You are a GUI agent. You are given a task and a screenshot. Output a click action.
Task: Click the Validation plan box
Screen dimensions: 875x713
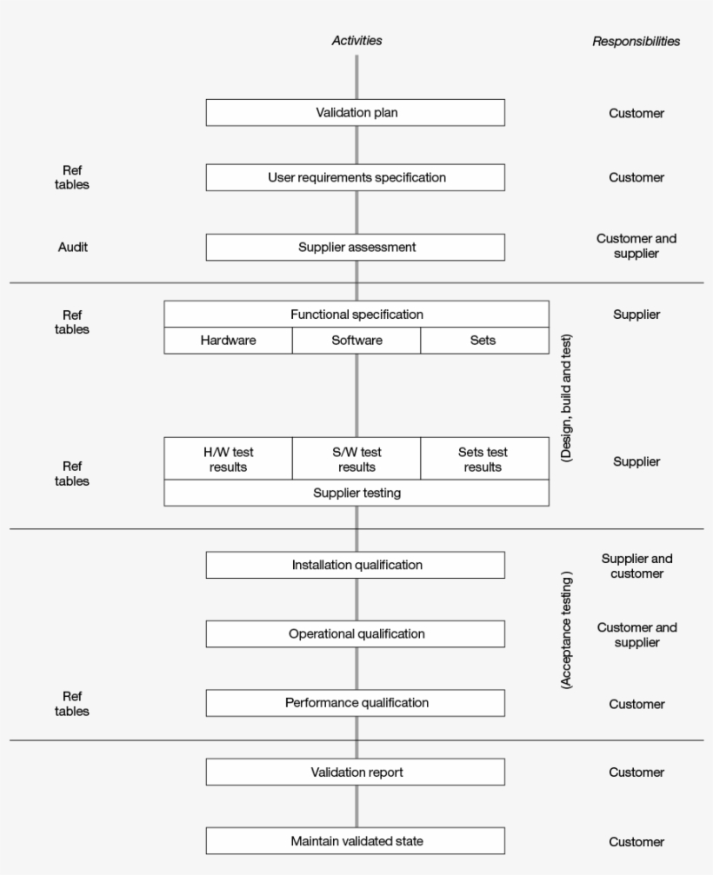click(x=355, y=113)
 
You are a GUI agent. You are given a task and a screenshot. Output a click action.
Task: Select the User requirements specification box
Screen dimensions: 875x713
click(x=355, y=177)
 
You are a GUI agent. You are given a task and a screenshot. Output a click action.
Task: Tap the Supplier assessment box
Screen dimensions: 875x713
click(x=355, y=247)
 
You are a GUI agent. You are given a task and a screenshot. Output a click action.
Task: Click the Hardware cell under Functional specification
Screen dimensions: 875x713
click(x=228, y=341)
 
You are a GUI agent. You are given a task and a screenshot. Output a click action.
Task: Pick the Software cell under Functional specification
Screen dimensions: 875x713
click(x=356, y=341)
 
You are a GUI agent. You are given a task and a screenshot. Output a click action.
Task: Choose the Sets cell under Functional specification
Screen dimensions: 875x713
click(x=483, y=341)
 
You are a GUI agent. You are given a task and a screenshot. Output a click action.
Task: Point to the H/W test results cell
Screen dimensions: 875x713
click(x=228, y=459)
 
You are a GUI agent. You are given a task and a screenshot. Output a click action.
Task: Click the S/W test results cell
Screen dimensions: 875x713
click(x=356, y=459)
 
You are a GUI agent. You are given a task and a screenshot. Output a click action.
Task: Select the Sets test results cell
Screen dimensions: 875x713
click(x=483, y=459)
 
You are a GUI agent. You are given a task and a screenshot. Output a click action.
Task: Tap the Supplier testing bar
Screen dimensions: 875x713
click(x=356, y=493)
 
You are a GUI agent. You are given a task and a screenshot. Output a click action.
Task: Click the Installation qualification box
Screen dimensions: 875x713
click(x=355, y=565)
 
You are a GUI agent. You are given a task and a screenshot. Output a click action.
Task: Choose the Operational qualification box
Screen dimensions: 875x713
click(x=355, y=633)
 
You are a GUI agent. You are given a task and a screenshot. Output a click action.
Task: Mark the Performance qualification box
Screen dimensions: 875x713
click(x=355, y=702)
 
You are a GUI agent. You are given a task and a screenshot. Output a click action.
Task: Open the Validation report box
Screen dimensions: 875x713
click(x=355, y=772)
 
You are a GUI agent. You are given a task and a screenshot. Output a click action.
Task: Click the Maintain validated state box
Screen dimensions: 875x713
click(x=355, y=840)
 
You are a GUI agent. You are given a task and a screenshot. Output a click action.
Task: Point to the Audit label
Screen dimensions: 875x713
click(x=72, y=247)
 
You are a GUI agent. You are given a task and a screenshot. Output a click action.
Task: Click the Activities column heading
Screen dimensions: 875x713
click(x=356, y=40)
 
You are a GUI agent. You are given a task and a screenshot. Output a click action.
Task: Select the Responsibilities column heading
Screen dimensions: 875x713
click(x=636, y=41)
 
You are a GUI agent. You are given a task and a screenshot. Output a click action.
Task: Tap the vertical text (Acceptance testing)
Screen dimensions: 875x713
click(x=566, y=630)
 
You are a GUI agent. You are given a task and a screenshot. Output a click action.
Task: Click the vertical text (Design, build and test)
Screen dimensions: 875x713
click(x=566, y=397)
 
